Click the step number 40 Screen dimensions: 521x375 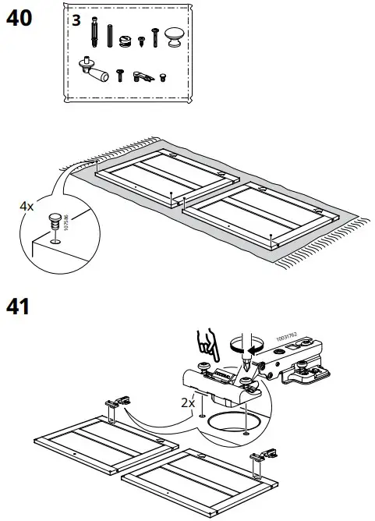(19, 18)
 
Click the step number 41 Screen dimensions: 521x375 (19, 305)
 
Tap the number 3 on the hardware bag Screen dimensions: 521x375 (76, 21)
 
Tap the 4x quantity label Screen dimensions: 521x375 (27, 206)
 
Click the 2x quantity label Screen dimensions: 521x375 (186, 403)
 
